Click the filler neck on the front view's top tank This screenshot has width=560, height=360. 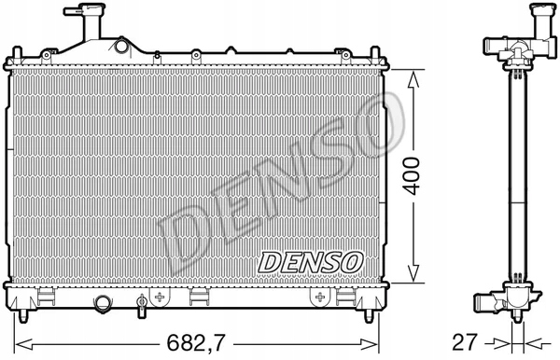pos(86,25)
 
